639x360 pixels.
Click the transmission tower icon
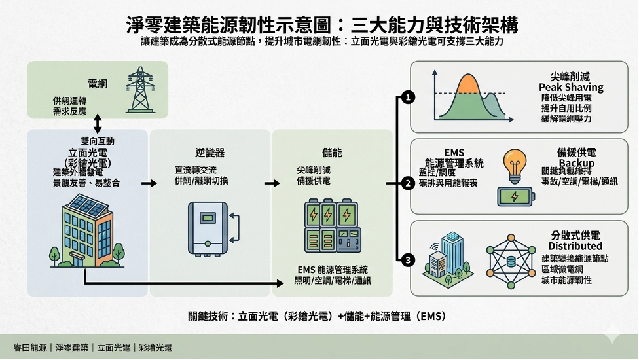139,88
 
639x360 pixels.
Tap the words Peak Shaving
571,87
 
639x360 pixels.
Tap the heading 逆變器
210,153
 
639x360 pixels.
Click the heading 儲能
332,153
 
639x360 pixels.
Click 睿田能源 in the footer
30,348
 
